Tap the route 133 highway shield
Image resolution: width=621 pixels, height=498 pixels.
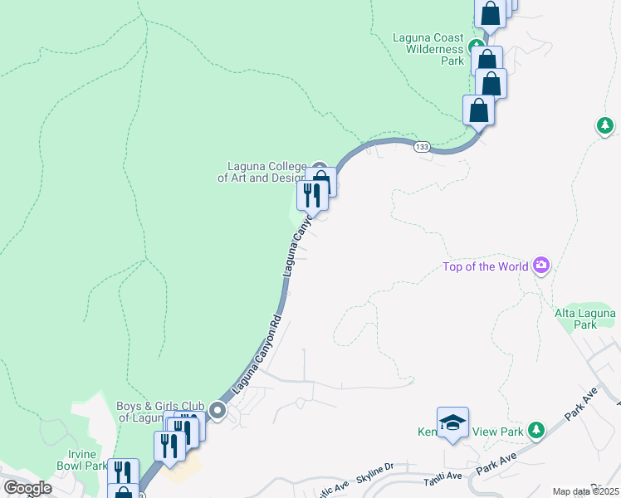click(422, 146)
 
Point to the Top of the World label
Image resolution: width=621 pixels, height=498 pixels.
click(486, 266)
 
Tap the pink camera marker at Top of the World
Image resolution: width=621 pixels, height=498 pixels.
click(541, 266)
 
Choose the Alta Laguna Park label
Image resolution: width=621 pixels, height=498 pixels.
click(585, 319)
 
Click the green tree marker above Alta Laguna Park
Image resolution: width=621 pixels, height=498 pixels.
click(605, 126)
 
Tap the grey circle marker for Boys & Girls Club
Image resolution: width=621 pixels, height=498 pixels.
click(218, 410)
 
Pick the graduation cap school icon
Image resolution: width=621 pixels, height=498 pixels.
click(452, 422)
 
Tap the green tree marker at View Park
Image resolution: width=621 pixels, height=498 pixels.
click(536, 430)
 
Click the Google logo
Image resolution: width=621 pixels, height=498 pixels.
click(27, 488)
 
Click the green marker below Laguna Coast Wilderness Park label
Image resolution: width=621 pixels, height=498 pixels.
click(476, 46)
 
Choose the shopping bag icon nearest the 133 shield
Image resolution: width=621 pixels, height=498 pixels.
click(479, 110)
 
